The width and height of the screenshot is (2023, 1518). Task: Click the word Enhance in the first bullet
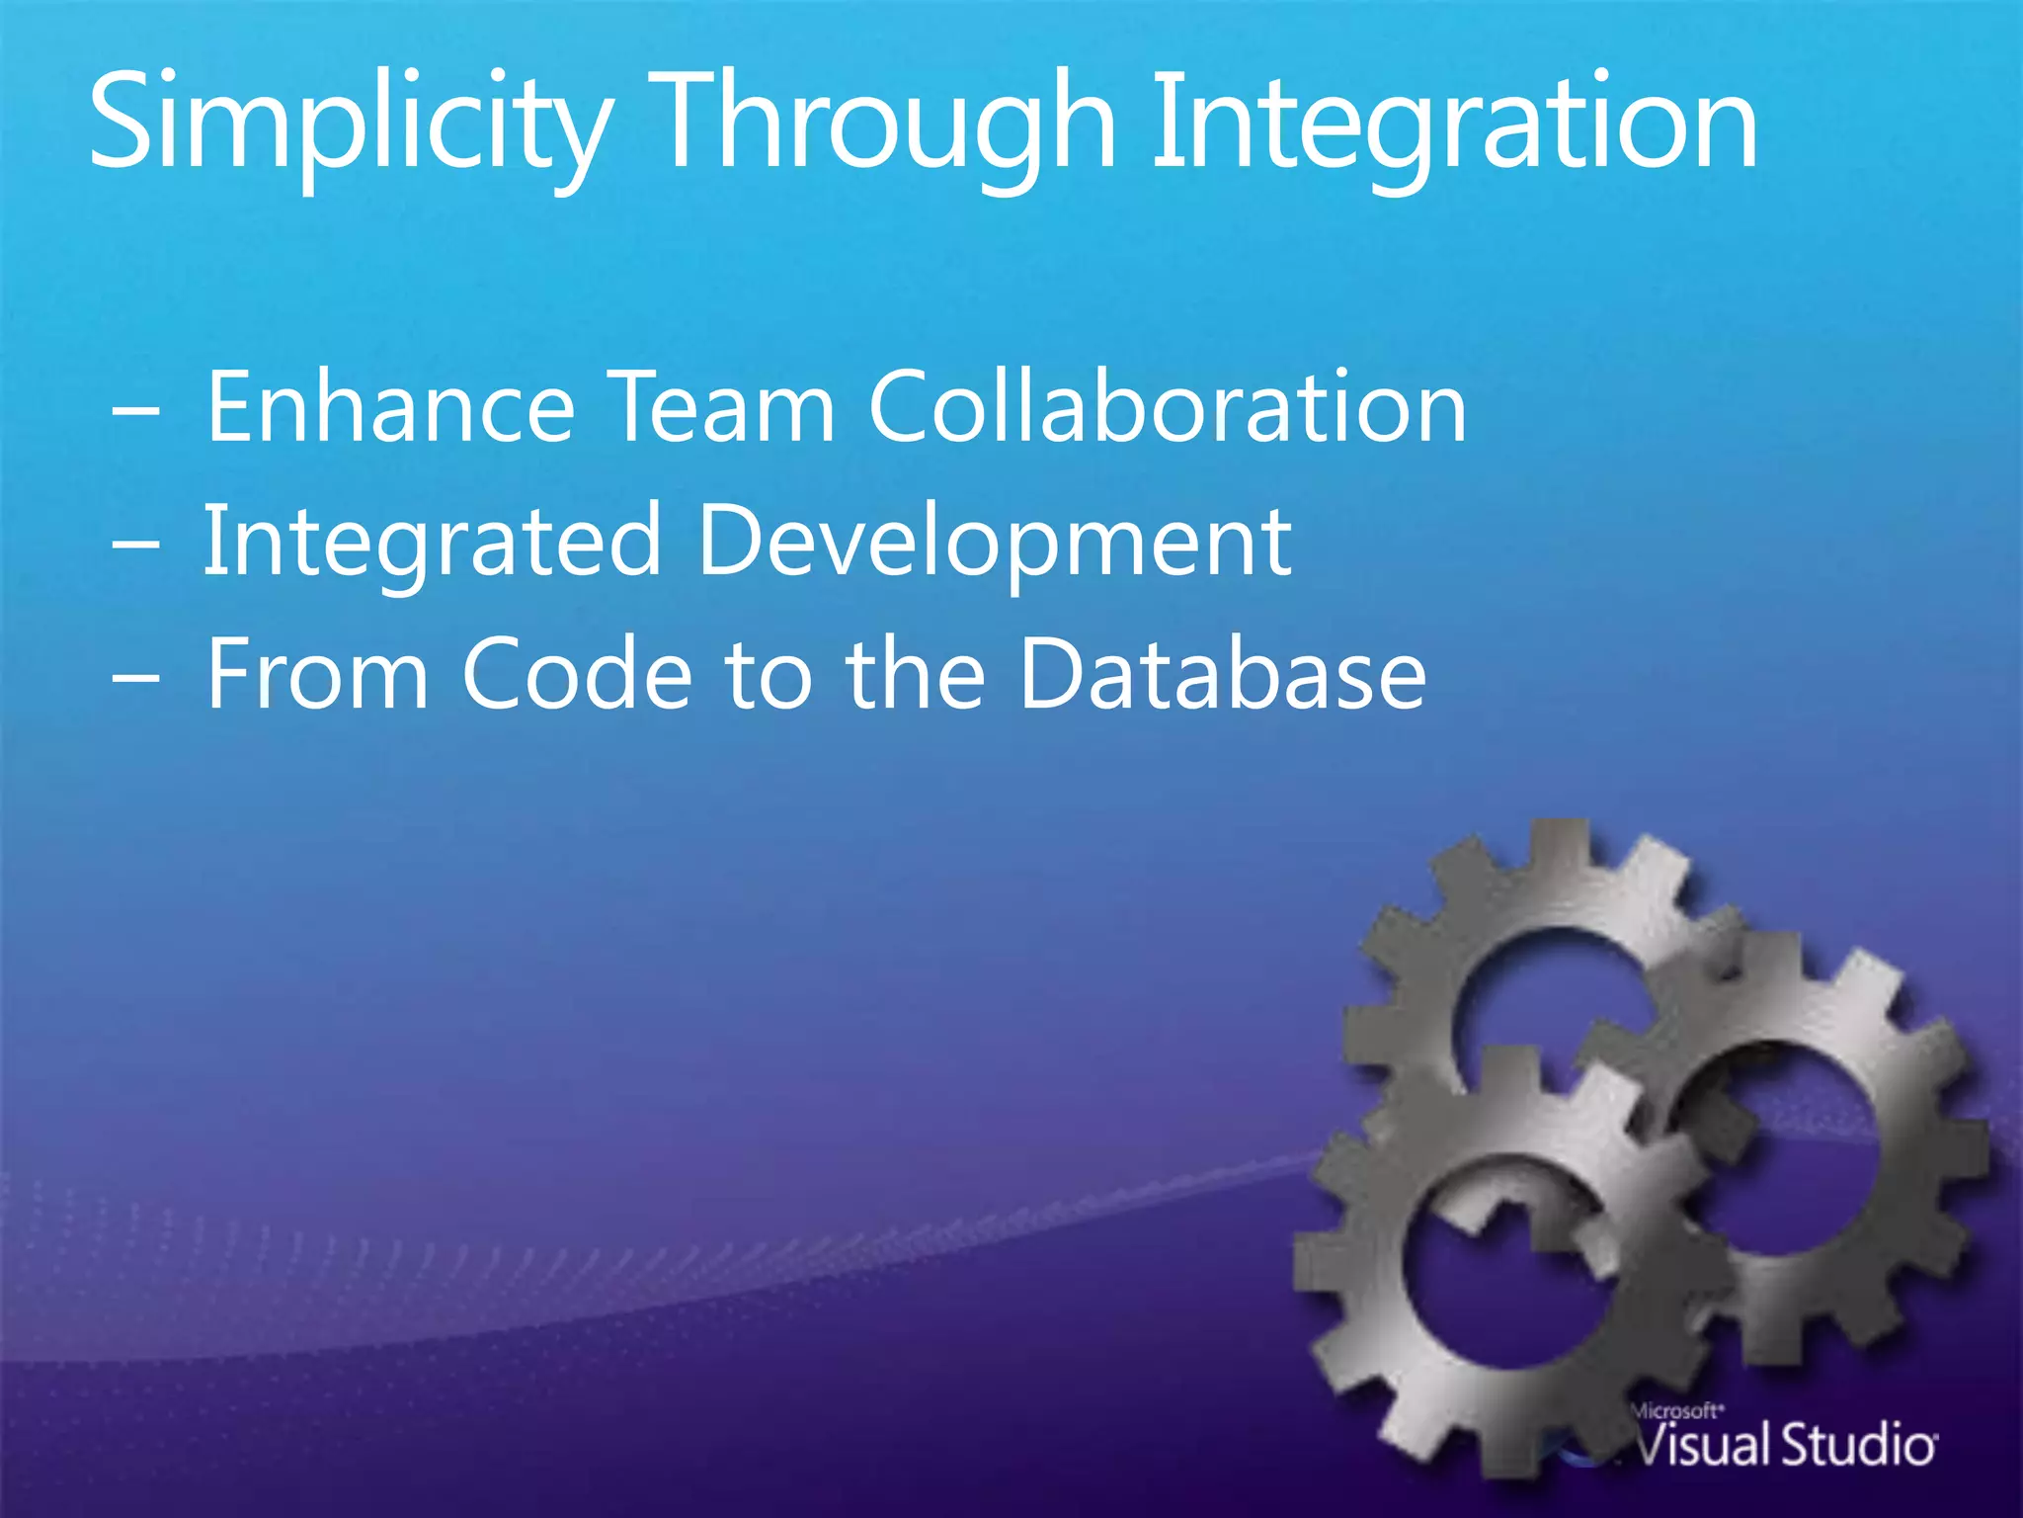pyautogui.click(x=390, y=407)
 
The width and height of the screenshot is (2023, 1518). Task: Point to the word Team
pyautogui.click(x=721, y=407)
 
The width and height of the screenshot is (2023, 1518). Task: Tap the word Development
pyautogui.click(x=994, y=542)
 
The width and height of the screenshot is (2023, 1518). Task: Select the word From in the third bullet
pyautogui.click(x=316, y=674)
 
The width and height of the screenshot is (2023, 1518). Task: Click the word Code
pyautogui.click(x=578, y=674)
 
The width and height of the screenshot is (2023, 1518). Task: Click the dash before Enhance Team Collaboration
pyautogui.click(x=135, y=413)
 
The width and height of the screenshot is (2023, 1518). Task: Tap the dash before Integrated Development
pyautogui.click(x=135, y=547)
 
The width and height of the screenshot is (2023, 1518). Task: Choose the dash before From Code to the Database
pyautogui.click(x=135, y=680)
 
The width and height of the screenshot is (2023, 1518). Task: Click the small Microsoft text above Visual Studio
pyautogui.click(x=1676, y=1412)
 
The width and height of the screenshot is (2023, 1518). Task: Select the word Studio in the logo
pyautogui.click(x=1857, y=1446)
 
